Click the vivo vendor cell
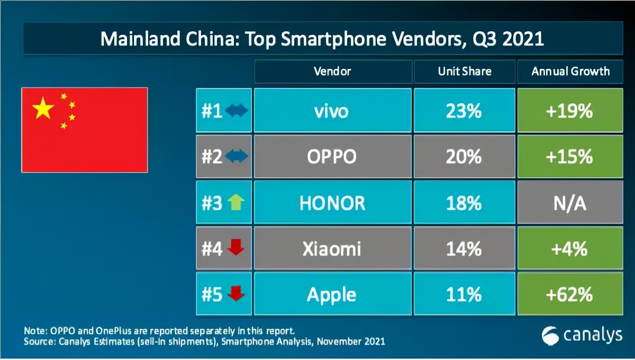point(332,111)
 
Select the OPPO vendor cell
point(332,157)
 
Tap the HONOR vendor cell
point(332,203)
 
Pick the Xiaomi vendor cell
point(332,248)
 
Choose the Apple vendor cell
point(332,294)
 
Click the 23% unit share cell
point(464,111)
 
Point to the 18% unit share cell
point(464,203)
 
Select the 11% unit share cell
point(464,294)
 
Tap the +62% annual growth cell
point(570,294)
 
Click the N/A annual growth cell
point(570,203)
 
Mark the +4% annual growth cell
point(570,248)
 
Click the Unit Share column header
point(464,71)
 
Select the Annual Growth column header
point(570,71)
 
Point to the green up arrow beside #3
point(235,203)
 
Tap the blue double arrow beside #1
point(236,111)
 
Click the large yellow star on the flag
point(43,109)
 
